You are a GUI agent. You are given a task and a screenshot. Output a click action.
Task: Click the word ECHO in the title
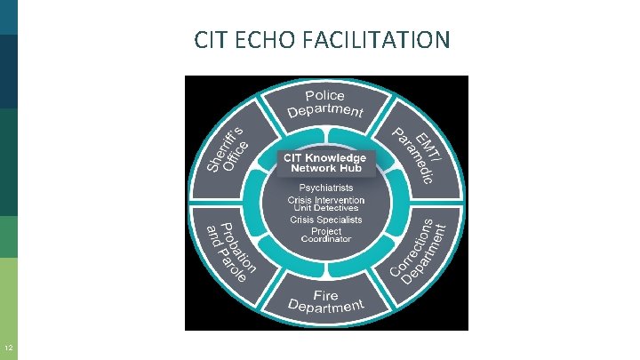point(262,40)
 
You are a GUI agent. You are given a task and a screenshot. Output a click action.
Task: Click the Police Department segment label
point(325,103)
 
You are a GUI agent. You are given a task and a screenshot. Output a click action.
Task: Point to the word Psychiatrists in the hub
point(325,188)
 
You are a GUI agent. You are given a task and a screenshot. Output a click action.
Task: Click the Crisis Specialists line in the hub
point(325,220)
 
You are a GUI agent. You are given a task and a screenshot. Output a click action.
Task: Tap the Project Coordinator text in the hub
point(325,235)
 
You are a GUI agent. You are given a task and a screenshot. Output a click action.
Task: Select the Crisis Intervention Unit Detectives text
point(325,204)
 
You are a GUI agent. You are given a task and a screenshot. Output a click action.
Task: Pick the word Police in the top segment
point(325,95)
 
